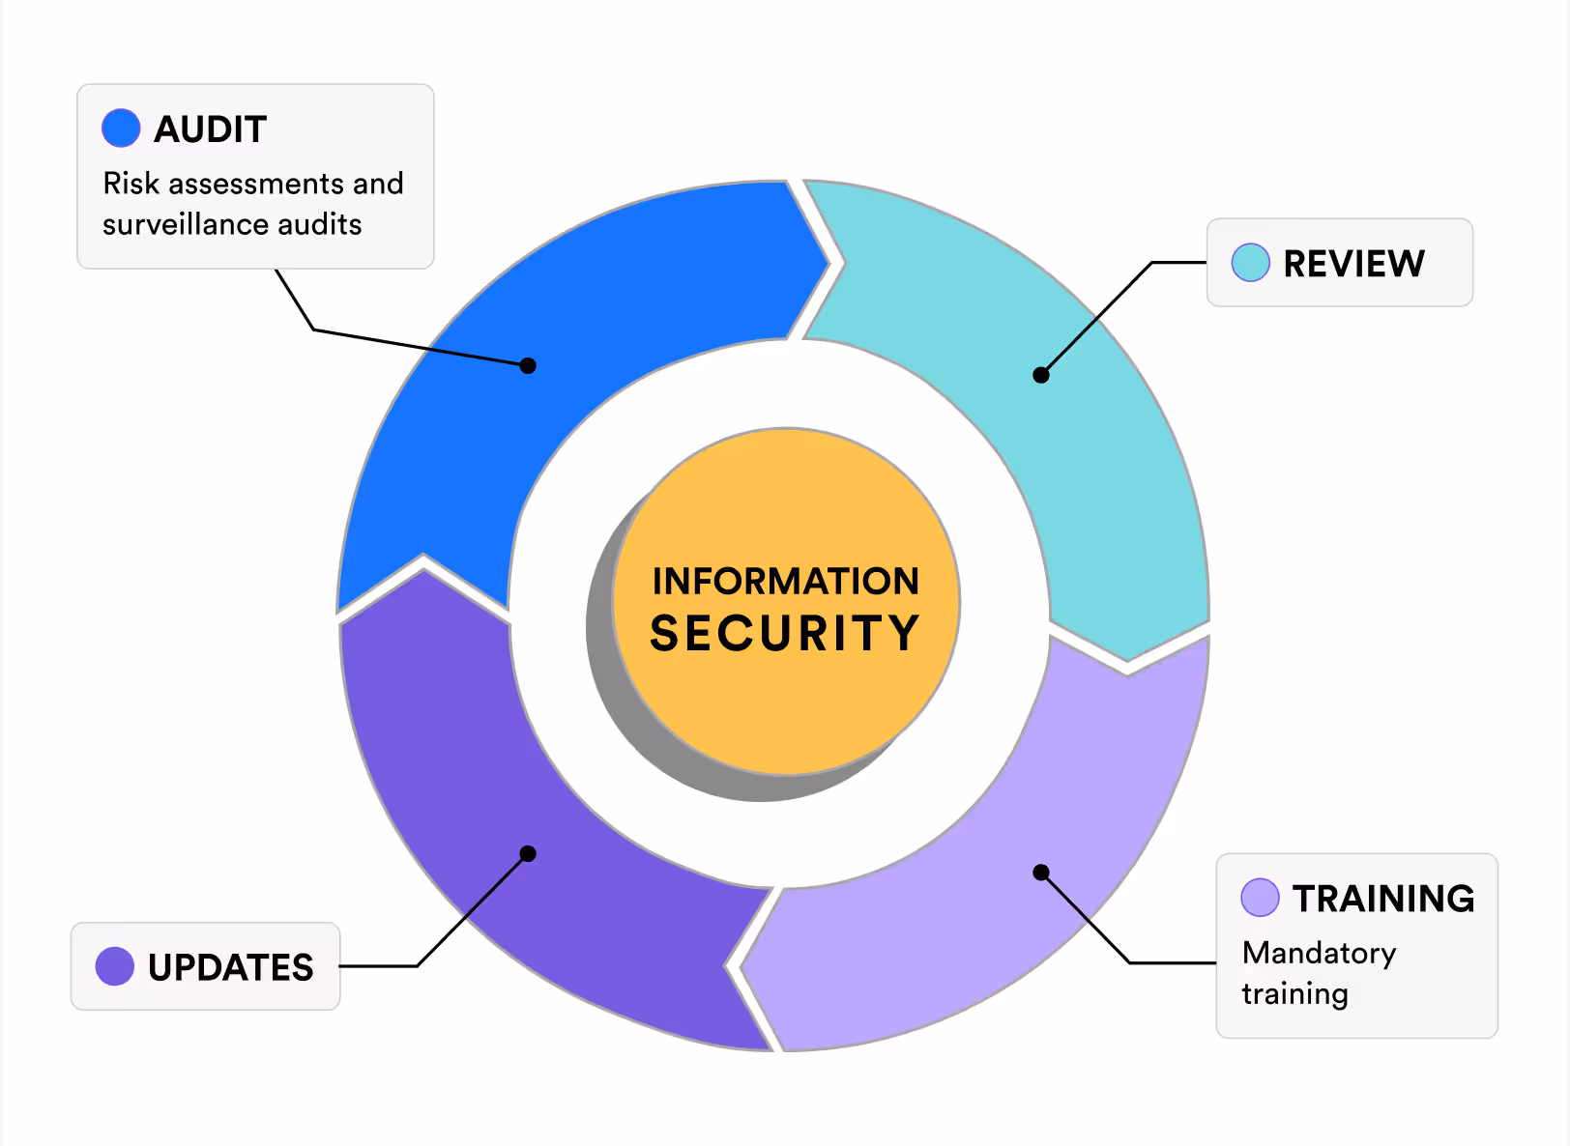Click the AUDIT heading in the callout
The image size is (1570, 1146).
210,129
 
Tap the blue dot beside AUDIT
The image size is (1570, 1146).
121,128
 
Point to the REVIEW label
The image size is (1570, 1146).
1353,263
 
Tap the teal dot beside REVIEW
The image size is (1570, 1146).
1250,262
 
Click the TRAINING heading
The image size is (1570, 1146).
1383,899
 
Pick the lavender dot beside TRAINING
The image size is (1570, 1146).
1260,897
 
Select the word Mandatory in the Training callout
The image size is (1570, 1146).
1319,954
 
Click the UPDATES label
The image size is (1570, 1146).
230,967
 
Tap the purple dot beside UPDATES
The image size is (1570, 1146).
115,966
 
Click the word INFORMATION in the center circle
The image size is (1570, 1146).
785,581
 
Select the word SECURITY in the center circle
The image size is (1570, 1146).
785,634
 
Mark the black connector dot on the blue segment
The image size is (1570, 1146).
528,365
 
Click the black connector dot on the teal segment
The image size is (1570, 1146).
1041,375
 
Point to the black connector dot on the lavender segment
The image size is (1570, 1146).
1041,873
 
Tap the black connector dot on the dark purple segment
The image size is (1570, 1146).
528,853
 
